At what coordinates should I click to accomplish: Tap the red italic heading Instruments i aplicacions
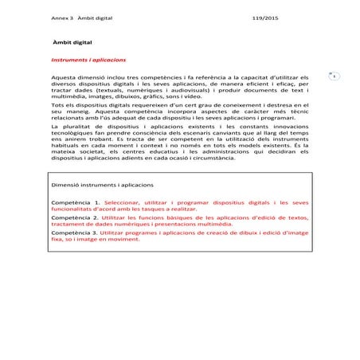tap(88, 58)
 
